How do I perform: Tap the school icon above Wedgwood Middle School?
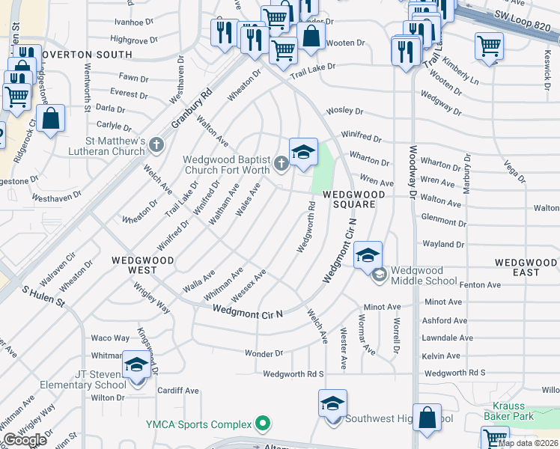(x=368, y=254)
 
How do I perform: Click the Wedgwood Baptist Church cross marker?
(x=281, y=163)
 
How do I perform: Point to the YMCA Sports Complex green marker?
(x=262, y=424)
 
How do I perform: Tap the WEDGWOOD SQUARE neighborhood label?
(x=353, y=199)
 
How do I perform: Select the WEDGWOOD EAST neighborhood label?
(x=526, y=267)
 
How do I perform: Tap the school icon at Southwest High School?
(x=332, y=403)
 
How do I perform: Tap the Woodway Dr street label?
(x=413, y=171)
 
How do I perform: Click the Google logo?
(x=25, y=440)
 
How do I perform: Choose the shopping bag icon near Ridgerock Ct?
(x=50, y=117)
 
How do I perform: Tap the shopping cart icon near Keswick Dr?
(x=489, y=46)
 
